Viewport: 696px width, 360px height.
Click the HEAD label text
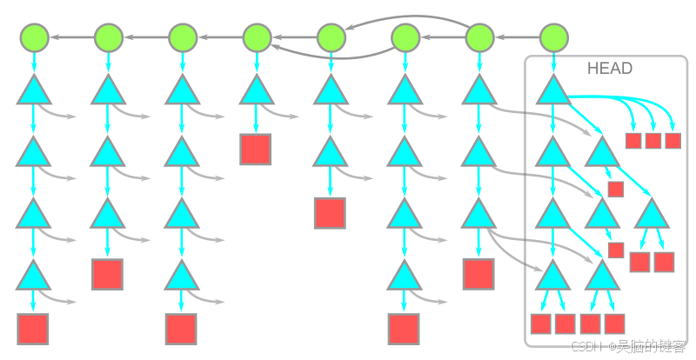coord(609,68)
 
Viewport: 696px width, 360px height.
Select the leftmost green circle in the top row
coord(34,37)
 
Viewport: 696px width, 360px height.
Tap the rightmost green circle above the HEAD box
coord(553,37)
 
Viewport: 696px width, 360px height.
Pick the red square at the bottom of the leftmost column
coord(32,330)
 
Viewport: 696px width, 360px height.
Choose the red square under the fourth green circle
coord(256,150)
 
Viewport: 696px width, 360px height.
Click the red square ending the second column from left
coord(107,275)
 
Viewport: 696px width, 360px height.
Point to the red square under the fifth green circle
coord(330,213)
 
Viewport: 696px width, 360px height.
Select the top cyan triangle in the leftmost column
coord(32,90)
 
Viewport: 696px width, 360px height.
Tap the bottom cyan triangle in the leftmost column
coord(32,275)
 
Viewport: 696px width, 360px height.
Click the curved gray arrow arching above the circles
coord(409,18)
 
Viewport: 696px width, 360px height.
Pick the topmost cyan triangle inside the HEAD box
coord(552,90)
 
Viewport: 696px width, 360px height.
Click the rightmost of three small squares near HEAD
coord(673,141)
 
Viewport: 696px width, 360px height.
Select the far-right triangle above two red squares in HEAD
coord(652,213)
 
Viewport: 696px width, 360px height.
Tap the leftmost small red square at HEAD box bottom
coord(541,324)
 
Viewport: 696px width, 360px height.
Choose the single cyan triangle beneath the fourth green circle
coord(256,90)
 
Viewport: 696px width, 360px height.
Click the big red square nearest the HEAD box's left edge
coord(478,275)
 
